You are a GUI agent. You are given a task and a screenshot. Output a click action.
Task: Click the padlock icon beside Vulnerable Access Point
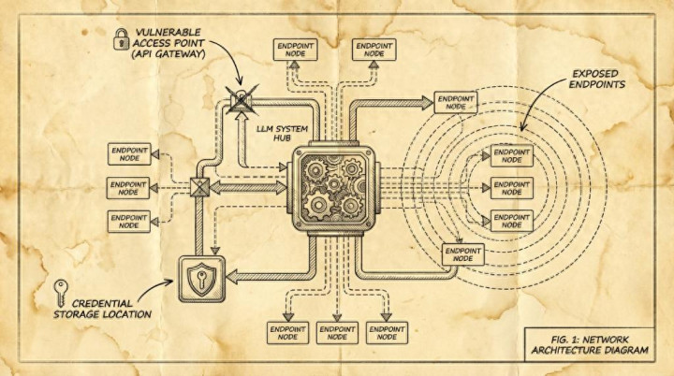(x=121, y=37)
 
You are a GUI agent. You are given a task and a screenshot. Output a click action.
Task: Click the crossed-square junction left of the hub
(x=198, y=187)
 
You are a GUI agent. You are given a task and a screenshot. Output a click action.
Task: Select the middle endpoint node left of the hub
(x=128, y=187)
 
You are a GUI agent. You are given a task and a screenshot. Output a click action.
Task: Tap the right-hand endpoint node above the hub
(x=374, y=50)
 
